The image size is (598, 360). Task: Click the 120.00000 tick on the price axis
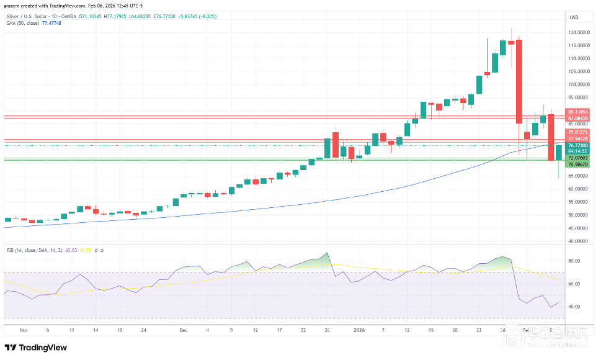(x=579, y=32)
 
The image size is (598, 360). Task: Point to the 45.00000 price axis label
(x=579, y=228)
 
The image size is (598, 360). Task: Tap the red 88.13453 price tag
(x=578, y=112)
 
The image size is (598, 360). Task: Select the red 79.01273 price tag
(x=578, y=132)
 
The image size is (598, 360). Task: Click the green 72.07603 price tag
(x=578, y=158)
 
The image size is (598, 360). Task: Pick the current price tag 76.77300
(x=578, y=145)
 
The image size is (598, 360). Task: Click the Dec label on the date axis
(x=184, y=331)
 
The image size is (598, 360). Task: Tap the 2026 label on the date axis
(x=360, y=331)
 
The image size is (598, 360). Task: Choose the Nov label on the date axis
(x=24, y=331)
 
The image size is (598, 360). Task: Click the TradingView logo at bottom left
(x=36, y=348)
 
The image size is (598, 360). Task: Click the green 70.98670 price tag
(x=578, y=164)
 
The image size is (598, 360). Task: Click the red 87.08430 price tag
(x=578, y=118)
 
